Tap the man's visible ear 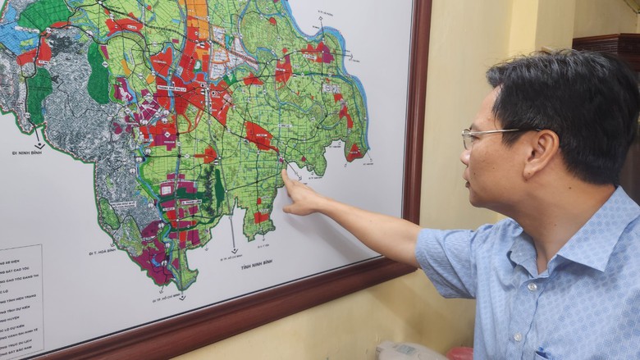541,153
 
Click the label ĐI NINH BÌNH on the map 26,153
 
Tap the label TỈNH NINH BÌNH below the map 256,263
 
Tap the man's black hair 566,90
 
